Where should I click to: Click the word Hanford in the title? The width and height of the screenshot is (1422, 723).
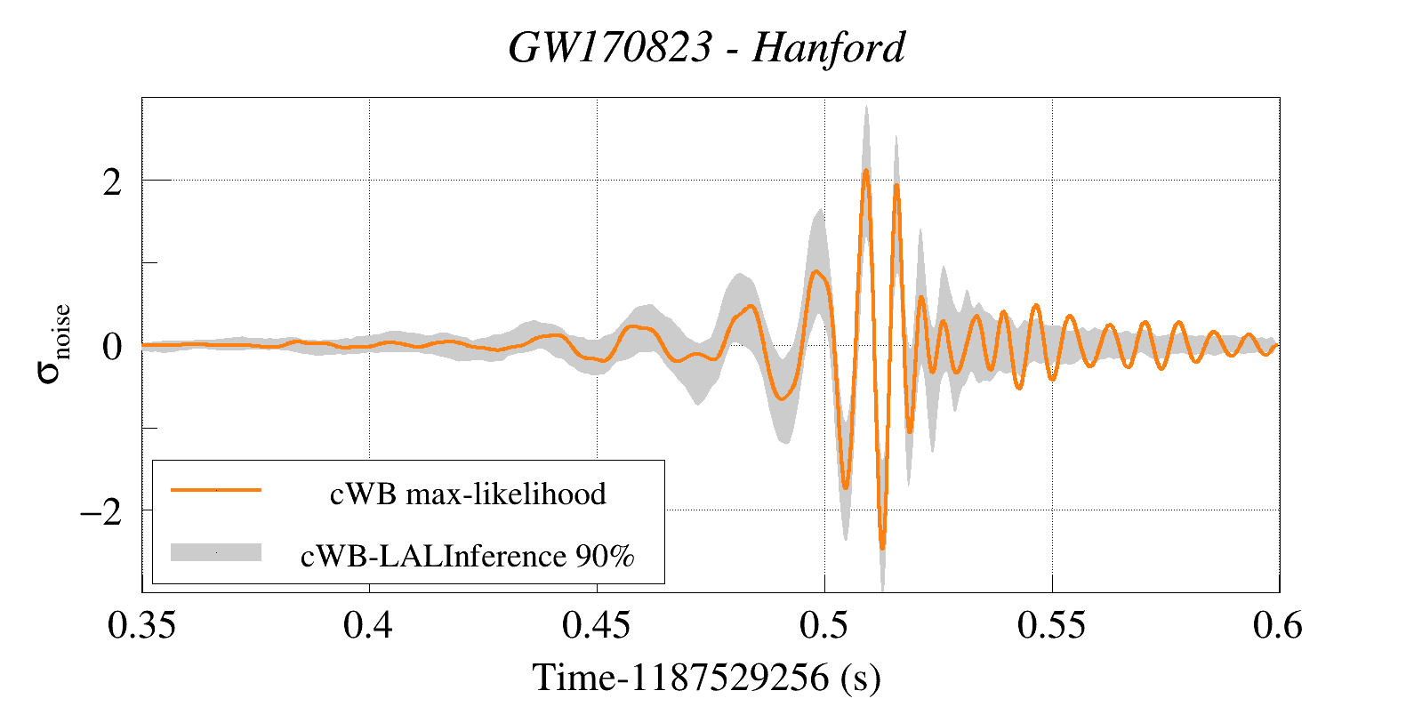(x=828, y=47)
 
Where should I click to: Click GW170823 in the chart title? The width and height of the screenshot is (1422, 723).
(x=610, y=47)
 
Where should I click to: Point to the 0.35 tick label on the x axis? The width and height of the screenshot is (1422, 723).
(x=141, y=626)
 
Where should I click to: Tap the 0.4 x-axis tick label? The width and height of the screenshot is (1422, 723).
(x=368, y=626)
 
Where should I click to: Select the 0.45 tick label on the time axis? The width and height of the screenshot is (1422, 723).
(x=597, y=626)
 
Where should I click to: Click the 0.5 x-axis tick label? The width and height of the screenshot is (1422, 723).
(x=824, y=626)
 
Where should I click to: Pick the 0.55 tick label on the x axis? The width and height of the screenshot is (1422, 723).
(x=1052, y=626)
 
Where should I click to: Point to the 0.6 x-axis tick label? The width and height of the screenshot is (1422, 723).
(x=1278, y=626)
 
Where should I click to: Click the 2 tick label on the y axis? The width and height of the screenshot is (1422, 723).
(x=112, y=182)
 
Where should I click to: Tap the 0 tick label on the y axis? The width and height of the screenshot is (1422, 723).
(x=112, y=347)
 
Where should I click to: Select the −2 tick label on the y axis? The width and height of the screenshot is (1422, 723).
(x=100, y=512)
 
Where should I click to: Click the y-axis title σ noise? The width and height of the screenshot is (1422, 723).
(x=53, y=344)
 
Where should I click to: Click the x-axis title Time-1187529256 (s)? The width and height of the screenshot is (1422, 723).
(x=707, y=678)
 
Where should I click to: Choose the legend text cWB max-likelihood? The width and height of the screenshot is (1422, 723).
(x=468, y=494)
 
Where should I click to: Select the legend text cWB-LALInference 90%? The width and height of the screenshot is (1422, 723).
(x=468, y=556)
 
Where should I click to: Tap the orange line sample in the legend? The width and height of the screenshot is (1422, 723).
(x=216, y=490)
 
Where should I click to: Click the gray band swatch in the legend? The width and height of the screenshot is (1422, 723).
(x=216, y=552)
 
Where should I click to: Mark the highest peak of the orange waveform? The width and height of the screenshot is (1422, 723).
(x=865, y=171)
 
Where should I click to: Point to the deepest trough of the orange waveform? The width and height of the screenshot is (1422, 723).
(x=882, y=548)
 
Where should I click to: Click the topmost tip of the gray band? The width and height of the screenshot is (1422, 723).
(x=866, y=106)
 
